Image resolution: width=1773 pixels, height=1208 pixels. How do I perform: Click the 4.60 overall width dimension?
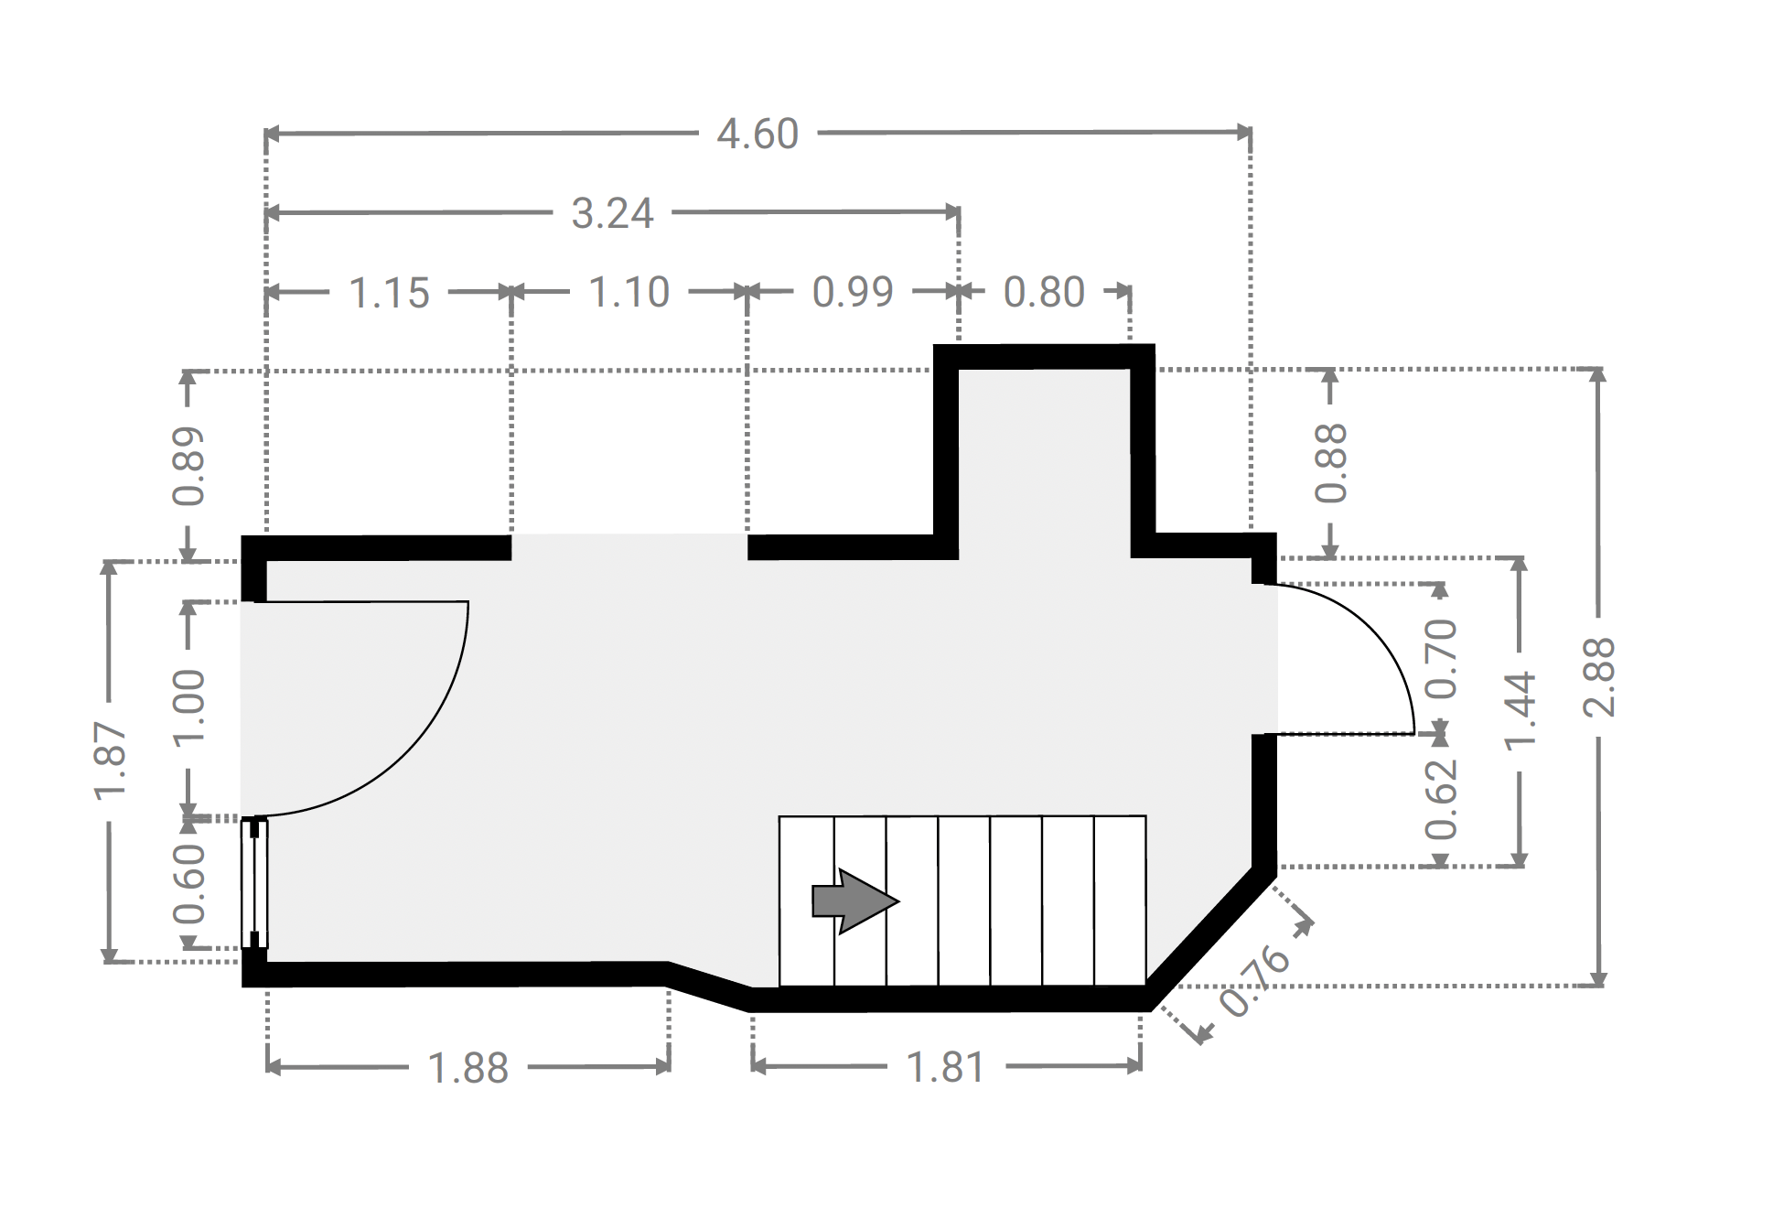758,135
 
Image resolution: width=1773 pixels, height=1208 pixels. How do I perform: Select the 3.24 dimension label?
612,213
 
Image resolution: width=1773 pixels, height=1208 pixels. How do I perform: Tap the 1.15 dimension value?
389,293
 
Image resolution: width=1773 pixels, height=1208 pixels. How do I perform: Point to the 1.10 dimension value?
629,293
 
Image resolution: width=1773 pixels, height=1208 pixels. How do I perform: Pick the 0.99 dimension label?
853,292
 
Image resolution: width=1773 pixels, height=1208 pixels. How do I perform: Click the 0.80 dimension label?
1044,292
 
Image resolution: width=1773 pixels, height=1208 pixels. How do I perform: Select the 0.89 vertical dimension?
189,466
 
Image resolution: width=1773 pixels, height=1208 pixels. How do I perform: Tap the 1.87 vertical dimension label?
111,760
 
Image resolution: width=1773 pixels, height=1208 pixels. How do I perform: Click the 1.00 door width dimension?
189,708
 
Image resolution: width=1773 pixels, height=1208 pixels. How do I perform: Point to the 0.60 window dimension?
189,884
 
